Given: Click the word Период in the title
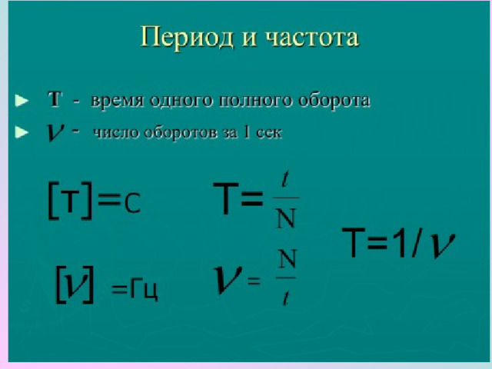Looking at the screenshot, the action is click(187, 38).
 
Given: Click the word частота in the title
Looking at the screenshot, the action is click(312, 38).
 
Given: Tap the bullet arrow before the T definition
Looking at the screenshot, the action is click(22, 101).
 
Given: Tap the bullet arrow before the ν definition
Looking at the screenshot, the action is click(22, 132).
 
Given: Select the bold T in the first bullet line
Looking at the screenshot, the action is click(55, 99).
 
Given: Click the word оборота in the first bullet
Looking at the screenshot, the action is click(334, 101).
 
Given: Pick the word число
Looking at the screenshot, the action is click(116, 132).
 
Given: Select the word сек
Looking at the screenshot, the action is click(269, 133).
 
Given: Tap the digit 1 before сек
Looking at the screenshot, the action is click(247, 132).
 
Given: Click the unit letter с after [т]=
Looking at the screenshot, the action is click(132, 204).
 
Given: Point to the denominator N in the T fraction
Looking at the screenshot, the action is click(286, 218).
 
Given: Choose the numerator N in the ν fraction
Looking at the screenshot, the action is click(286, 259).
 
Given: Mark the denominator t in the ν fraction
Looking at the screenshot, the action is click(285, 298).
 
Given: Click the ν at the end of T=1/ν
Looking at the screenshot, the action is click(442, 245).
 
